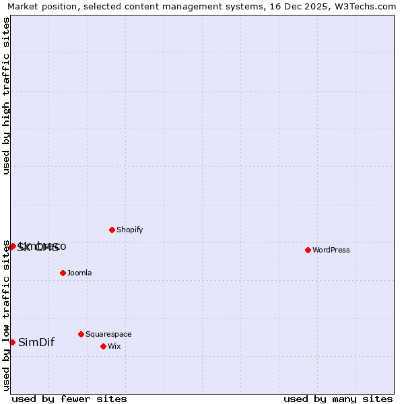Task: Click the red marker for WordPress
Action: (x=308, y=250)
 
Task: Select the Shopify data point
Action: (x=112, y=230)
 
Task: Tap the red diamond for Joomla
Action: (x=63, y=273)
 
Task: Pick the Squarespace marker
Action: (x=81, y=334)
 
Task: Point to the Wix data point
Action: (x=103, y=346)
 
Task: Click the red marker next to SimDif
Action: (x=12, y=342)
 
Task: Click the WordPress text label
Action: (x=331, y=250)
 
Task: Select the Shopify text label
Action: (x=130, y=230)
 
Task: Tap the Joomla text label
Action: (x=79, y=273)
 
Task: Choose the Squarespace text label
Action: (x=108, y=334)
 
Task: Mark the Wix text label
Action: (x=114, y=346)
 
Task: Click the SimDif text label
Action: (x=36, y=342)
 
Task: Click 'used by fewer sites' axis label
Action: (x=69, y=399)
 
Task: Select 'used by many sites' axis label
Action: (x=338, y=399)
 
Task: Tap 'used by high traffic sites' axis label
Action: (x=6, y=96)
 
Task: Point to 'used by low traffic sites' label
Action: (x=6, y=315)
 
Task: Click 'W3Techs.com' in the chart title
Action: (x=366, y=6)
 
